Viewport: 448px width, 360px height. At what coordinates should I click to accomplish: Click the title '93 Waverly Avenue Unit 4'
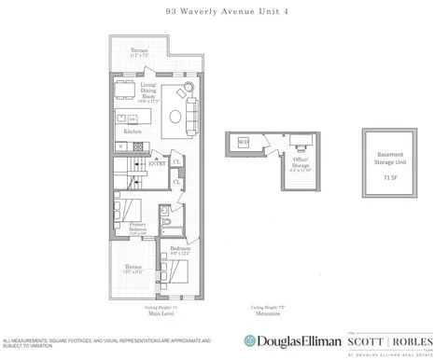coord(223,12)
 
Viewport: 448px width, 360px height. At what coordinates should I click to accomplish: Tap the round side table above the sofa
coord(190,90)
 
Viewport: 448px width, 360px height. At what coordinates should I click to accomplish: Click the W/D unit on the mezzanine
coord(242,142)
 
